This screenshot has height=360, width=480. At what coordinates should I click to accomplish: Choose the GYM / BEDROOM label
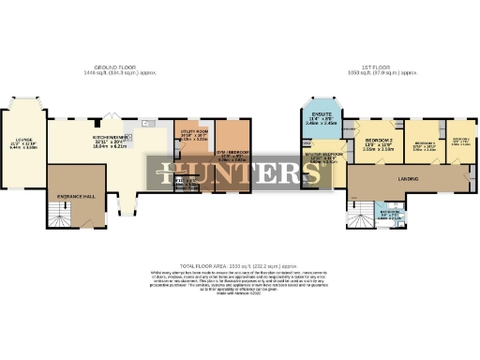coord(232,153)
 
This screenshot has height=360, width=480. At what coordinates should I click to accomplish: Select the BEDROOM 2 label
coord(378,139)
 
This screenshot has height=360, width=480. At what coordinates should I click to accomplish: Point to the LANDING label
coord(407,178)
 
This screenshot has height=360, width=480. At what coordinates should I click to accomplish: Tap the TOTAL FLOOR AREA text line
coord(240,266)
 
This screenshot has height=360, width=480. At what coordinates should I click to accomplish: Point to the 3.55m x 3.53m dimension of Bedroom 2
coord(378,149)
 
